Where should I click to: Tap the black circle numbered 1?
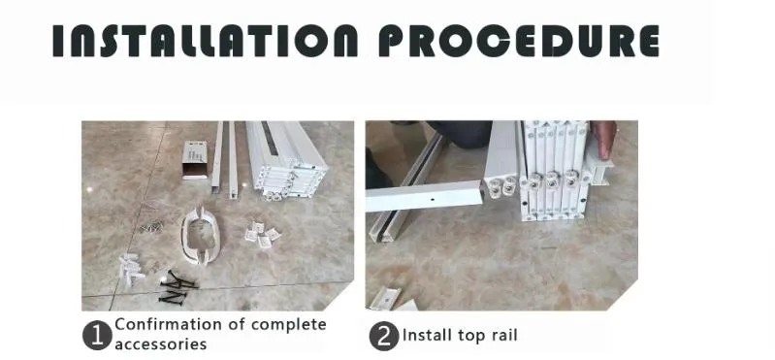[96, 336]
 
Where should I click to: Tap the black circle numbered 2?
[384, 336]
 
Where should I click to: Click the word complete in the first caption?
[288, 324]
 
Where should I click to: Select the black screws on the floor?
[178, 282]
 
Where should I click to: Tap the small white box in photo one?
[197, 159]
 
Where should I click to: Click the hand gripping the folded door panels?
[605, 141]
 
